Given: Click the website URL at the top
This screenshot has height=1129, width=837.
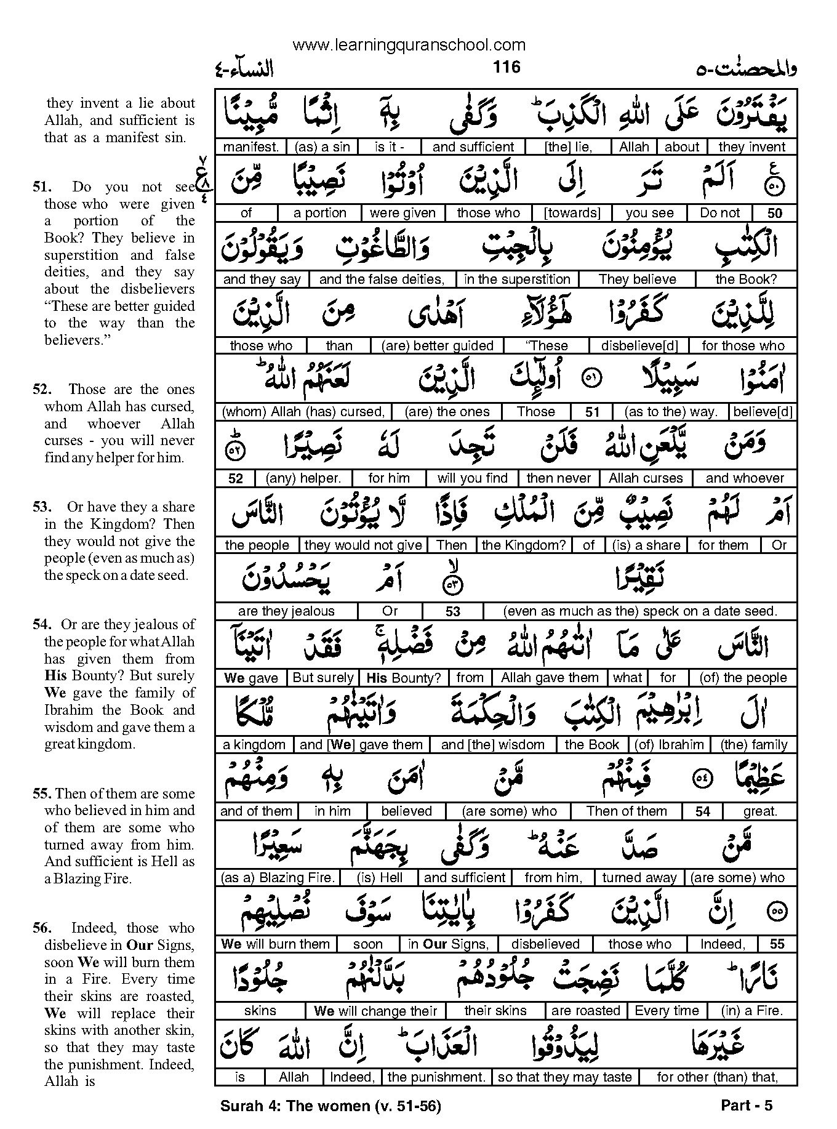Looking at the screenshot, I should tap(409, 45).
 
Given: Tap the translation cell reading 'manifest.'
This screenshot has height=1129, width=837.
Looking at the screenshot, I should tap(251, 147).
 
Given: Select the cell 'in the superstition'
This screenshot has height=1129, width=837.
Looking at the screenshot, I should tap(517, 279).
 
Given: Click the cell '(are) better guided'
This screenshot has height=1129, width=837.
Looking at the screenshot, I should tap(437, 346).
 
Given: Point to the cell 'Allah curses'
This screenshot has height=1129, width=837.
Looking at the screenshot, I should tap(646, 478).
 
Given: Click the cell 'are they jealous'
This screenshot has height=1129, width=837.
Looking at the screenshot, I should tap(286, 611).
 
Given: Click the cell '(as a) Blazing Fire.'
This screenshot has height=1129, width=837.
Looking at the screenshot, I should tap(278, 878).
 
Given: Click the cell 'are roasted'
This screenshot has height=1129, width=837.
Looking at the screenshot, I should tap(586, 1011).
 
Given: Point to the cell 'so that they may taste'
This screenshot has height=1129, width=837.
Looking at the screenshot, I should tap(565, 1077).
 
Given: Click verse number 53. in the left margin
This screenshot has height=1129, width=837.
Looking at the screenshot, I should tap(44, 507).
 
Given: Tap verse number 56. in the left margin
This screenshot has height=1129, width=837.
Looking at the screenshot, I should tap(44, 928).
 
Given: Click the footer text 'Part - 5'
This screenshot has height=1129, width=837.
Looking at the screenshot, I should tap(746, 1106).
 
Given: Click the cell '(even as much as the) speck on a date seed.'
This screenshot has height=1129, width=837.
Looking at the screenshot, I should tap(640, 611).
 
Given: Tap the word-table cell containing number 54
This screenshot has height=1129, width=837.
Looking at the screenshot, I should tap(703, 811).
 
